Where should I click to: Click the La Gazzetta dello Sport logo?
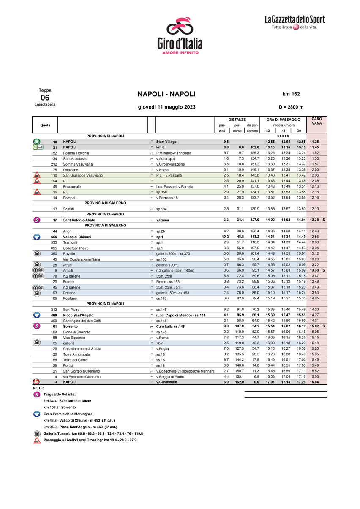295,22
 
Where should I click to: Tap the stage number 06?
45,97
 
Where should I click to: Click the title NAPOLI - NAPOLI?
166,94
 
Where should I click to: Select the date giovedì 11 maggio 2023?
166,107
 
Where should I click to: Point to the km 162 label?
291,94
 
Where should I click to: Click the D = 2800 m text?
291,107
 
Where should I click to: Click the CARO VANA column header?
316,121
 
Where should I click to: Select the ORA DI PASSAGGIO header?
283,120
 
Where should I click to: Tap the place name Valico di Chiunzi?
77,237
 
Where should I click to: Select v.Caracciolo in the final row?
167,382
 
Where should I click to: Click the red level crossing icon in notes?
37,440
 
